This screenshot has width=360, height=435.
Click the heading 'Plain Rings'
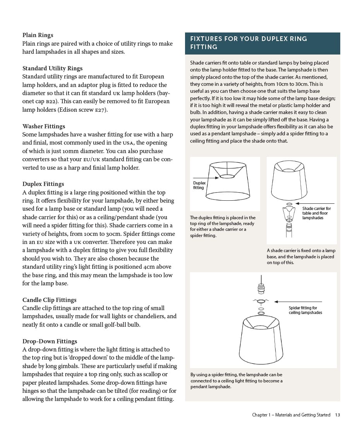38,35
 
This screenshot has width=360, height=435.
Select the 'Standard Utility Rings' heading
52,68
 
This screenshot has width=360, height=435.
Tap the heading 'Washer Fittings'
44,126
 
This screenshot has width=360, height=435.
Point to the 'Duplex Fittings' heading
43,184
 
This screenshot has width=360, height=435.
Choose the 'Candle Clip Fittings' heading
49,300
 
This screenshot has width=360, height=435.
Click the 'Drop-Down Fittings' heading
50,341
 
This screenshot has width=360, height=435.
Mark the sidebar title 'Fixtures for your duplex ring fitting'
248,43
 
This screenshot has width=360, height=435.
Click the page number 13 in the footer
338,415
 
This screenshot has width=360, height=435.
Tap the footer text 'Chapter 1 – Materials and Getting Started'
291,415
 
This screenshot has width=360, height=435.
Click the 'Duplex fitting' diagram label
199,185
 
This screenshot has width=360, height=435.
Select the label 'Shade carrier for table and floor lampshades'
316,213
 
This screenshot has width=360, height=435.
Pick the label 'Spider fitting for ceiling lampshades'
305,310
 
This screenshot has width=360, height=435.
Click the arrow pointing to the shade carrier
315,203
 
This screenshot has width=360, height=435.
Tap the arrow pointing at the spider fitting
298,302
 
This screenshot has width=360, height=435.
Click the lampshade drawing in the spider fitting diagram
261,340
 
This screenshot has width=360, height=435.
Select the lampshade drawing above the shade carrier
290,180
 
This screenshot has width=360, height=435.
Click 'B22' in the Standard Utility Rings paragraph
52,102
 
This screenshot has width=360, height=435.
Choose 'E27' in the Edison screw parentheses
100,110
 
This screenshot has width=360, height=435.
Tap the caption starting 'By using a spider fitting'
236,380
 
